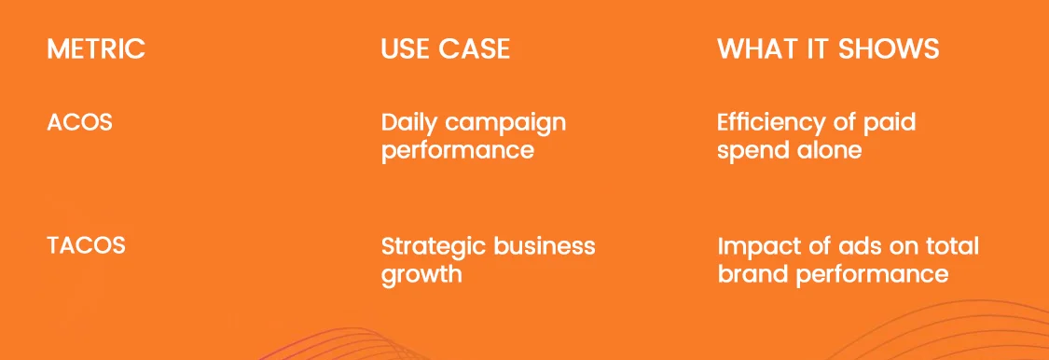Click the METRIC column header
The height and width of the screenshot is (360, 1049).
pyautogui.click(x=96, y=48)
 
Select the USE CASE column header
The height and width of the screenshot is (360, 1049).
pyautogui.click(x=446, y=48)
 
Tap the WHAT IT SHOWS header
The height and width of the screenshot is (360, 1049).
pyautogui.click(x=828, y=48)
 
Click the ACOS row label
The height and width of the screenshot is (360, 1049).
pyautogui.click(x=79, y=122)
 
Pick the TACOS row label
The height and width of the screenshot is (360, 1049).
pyautogui.click(x=87, y=245)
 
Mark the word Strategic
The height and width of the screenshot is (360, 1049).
pyautogui.click(x=435, y=247)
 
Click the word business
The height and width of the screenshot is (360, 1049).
pyautogui.click(x=545, y=245)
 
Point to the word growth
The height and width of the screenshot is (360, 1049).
pyautogui.click(x=421, y=275)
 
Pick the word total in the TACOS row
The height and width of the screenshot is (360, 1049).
pyautogui.click(x=953, y=245)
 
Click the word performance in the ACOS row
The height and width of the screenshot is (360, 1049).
pyautogui.click(x=458, y=151)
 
